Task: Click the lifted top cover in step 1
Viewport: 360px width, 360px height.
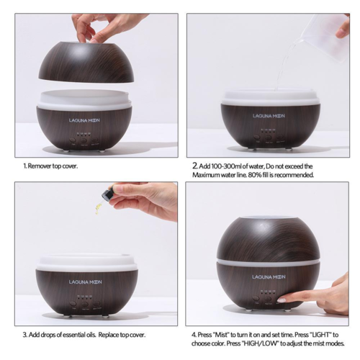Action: [86, 63]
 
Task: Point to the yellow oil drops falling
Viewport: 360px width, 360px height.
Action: [96, 208]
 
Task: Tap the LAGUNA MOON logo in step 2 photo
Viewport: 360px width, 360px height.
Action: [269, 116]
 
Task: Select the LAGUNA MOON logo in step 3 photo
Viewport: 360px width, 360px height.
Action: [85, 282]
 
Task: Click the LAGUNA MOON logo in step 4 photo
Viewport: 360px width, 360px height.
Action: [269, 277]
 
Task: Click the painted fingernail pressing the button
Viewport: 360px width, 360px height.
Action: [281, 300]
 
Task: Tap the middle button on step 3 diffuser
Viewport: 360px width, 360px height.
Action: [84, 305]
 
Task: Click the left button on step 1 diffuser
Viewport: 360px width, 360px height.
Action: [72, 140]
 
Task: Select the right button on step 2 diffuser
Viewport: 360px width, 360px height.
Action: [279, 138]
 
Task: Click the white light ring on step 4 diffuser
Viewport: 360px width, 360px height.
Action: [269, 262]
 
